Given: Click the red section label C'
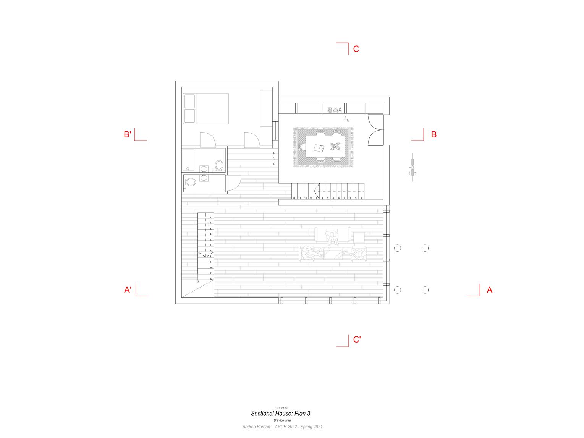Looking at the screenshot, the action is coord(357,339).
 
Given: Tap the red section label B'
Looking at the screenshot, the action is coord(128,134).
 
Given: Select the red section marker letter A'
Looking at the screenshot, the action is coord(128,290).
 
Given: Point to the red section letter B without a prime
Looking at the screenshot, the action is coord(434,134).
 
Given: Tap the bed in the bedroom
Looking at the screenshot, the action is coord(206,108).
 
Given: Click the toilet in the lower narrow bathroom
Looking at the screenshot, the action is coord(190,182).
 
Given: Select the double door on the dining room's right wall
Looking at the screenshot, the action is coord(375,130).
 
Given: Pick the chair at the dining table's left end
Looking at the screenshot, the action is coord(303,147).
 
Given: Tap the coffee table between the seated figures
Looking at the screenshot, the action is coord(332,253).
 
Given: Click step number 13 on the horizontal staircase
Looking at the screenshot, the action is coord(294,199).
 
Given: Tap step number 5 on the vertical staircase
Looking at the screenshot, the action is coord(210,240).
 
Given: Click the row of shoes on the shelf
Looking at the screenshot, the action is coord(333,110).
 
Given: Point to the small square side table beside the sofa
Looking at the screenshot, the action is coord(359,238).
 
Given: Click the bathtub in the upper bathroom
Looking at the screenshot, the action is coord(188,160).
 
